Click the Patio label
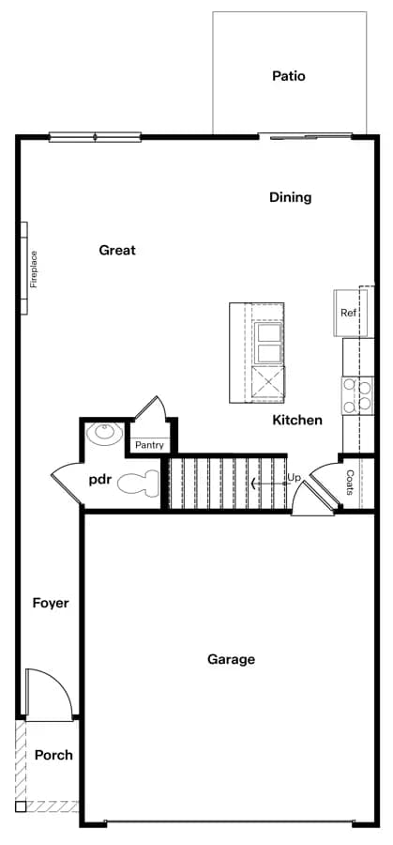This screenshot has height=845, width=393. [289, 76]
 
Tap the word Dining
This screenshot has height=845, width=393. [291, 198]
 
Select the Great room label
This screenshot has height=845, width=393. [117, 250]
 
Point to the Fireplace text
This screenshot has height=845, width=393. [34, 269]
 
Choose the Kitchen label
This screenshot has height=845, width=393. [297, 420]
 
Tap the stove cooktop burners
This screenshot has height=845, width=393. [358, 395]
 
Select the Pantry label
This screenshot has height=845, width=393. [149, 446]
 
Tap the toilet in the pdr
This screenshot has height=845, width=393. [139, 482]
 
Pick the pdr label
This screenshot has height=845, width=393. [100, 480]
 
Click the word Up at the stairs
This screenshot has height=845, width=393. [294, 478]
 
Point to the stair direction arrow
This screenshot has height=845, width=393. [269, 484]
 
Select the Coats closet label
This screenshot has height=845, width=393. [350, 483]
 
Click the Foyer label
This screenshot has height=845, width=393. [51, 603]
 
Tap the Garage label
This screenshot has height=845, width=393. [232, 660]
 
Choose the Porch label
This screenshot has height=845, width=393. [53, 755]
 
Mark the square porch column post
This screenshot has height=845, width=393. [21, 807]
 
